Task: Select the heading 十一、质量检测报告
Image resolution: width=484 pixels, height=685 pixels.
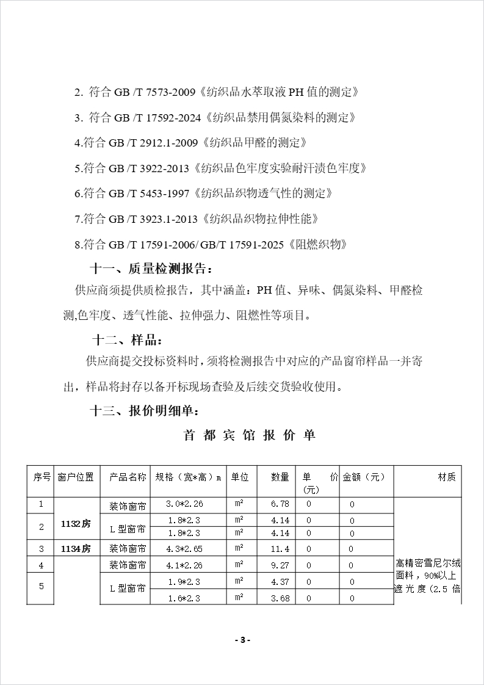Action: pos(152,269)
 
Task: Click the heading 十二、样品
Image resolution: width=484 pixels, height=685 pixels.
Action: pos(128,340)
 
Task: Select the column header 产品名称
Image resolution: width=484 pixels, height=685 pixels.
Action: pos(128,477)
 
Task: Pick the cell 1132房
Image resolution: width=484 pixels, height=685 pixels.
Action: pos(76,524)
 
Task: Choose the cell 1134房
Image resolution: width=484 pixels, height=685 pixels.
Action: pos(76,548)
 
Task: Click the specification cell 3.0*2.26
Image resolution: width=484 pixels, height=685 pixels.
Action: pos(186,504)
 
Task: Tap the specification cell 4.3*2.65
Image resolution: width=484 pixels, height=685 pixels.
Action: pos(186,548)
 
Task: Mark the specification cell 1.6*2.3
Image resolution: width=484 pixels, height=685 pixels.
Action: pos(186,598)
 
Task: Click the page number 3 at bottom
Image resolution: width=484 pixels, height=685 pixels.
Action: pos(242,640)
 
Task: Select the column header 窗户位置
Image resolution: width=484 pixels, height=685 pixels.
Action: pos(76,477)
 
